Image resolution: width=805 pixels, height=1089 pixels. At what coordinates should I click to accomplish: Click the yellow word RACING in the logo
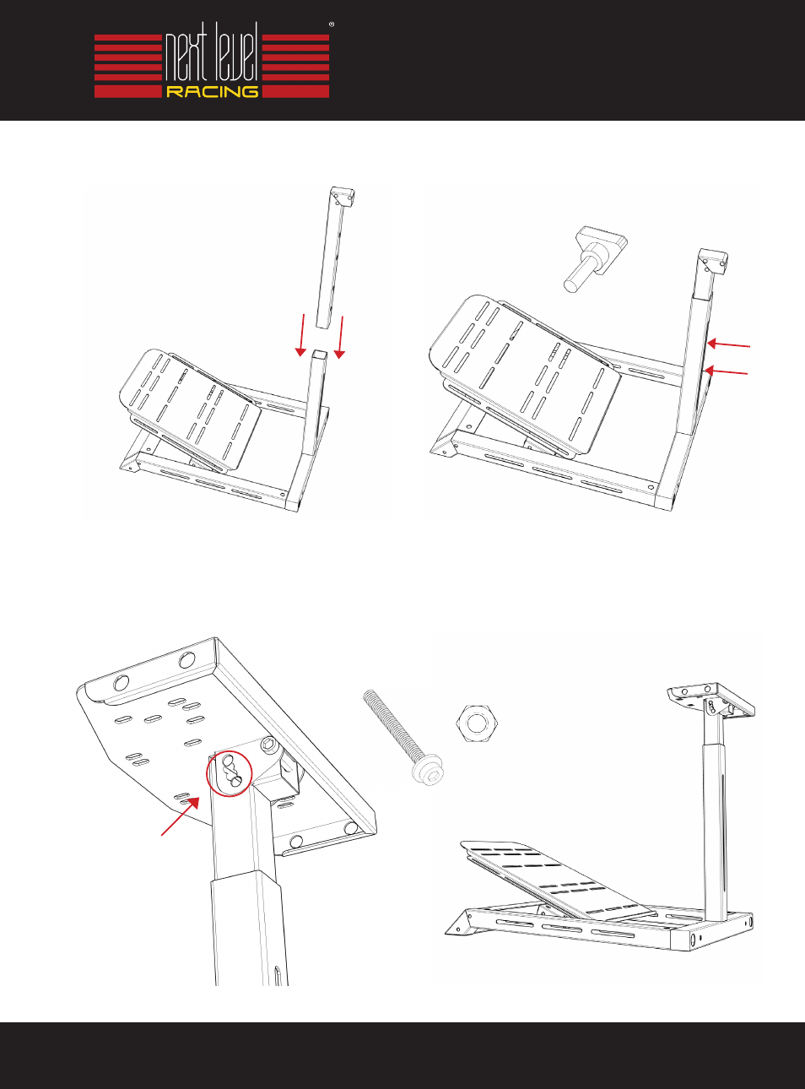tap(212, 91)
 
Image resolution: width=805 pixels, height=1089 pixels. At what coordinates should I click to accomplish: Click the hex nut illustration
tap(475, 723)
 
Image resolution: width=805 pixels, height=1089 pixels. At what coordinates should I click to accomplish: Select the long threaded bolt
tap(402, 737)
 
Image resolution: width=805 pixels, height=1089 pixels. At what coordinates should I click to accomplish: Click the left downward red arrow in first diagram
tap(301, 334)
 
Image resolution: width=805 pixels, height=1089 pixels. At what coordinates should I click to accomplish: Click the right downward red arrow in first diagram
tap(340, 338)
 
